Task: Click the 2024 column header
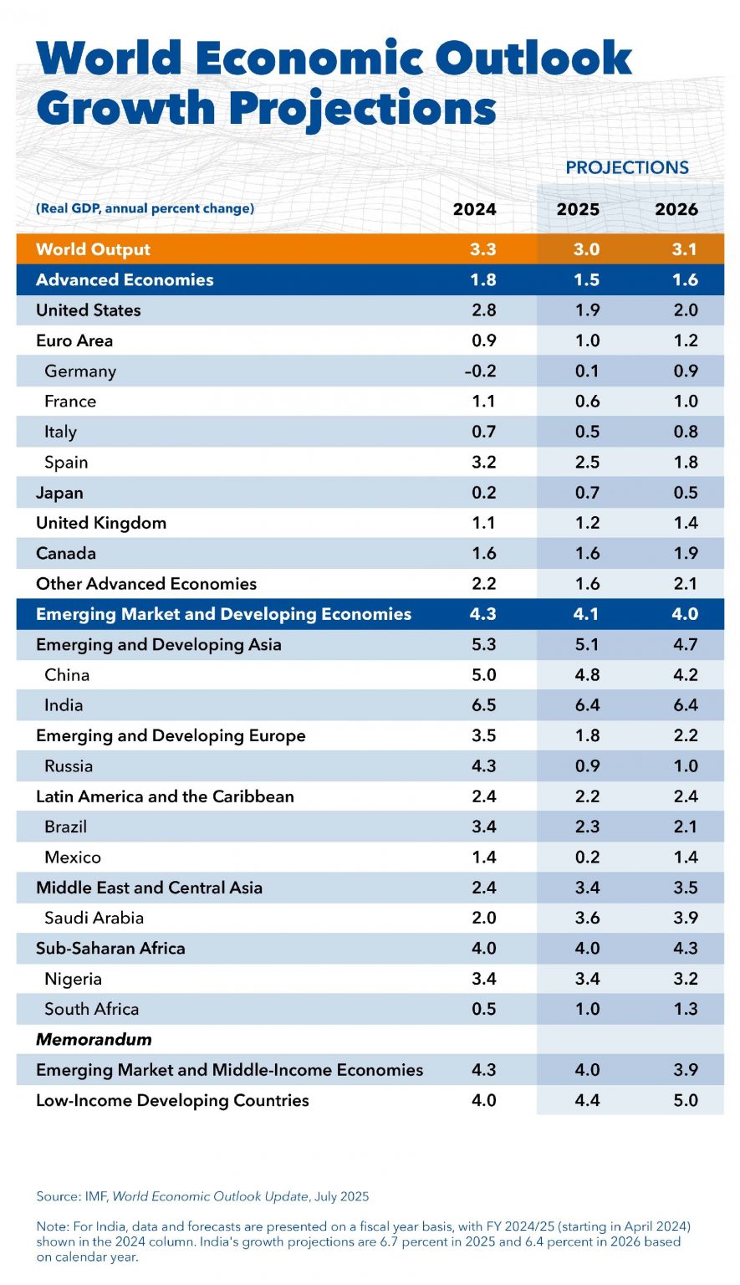(474, 209)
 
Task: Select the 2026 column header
(676, 209)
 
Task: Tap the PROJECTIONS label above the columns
(626, 167)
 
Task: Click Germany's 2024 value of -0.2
(480, 371)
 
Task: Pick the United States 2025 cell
(587, 310)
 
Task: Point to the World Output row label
(93, 249)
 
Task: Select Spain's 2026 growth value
(685, 463)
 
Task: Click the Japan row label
(59, 493)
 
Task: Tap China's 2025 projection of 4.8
(587, 675)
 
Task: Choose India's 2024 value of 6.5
(483, 705)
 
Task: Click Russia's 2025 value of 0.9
(587, 766)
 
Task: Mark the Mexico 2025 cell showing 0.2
(587, 858)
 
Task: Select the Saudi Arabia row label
(94, 918)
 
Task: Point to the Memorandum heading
(94, 1040)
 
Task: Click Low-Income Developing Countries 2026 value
(685, 1101)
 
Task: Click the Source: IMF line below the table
(202, 1196)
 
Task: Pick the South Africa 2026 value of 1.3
(685, 1010)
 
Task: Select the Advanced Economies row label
(125, 280)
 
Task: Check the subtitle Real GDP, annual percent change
(145, 208)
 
